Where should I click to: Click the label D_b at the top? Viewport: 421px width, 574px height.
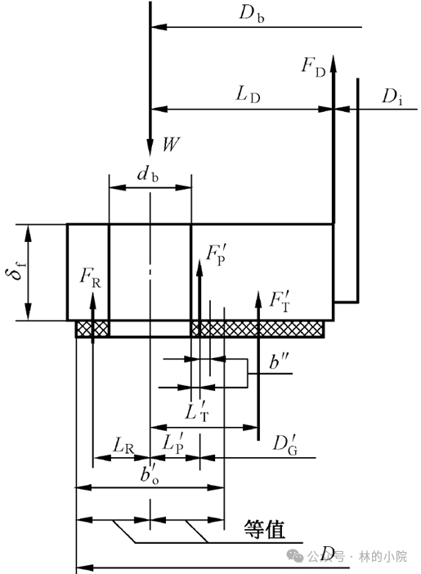pyautogui.click(x=252, y=14)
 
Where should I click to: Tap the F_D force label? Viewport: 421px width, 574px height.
pyautogui.click(x=313, y=67)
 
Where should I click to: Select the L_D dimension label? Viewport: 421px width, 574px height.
pyautogui.click(x=248, y=95)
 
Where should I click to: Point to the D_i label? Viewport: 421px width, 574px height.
pyautogui.click(x=392, y=97)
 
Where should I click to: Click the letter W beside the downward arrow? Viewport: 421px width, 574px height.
pyautogui.click(x=171, y=144)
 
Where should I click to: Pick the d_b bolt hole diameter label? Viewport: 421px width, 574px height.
pyautogui.click(x=148, y=173)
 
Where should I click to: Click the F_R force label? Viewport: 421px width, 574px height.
pyautogui.click(x=90, y=278)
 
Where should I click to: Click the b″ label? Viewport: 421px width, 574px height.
pyautogui.click(x=279, y=361)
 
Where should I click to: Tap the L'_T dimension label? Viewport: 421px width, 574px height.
pyautogui.click(x=197, y=411)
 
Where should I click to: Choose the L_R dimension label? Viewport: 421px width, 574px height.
pyautogui.click(x=123, y=446)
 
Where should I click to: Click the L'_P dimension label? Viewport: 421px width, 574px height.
pyautogui.click(x=172, y=444)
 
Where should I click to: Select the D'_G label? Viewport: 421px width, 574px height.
pyautogui.click(x=284, y=445)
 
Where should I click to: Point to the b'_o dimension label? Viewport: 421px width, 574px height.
pyautogui.click(x=150, y=475)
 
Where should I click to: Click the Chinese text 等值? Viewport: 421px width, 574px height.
pyautogui.click(x=264, y=529)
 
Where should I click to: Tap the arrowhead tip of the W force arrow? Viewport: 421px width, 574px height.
pyautogui.click(x=150, y=156)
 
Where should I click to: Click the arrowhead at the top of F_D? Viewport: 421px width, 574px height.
pyautogui.click(x=334, y=56)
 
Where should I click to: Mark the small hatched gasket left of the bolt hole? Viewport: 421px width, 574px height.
pyautogui.click(x=92, y=329)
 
